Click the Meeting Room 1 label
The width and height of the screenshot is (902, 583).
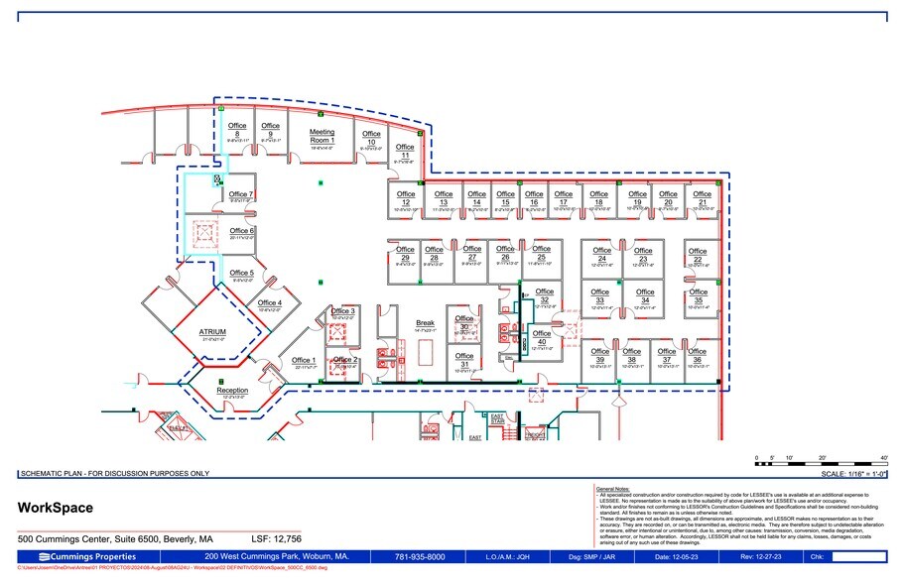point(322,136)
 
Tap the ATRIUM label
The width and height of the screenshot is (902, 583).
point(213,332)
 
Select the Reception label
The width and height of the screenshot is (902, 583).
point(232,390)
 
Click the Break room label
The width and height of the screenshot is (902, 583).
point(425,323)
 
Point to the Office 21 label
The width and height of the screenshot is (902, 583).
point(703,197)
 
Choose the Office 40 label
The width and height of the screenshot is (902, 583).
point(542,338)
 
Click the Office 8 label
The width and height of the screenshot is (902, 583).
point(237,130)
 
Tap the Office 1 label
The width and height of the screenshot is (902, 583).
point(304,360)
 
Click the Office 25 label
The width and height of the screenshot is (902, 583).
point(541,253)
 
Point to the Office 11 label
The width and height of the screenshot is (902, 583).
point(404,152)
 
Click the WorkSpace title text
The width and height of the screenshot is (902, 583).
point(56,508)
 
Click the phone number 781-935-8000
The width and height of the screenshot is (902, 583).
point(420,556)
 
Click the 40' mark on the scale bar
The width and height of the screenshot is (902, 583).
point(883,458)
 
